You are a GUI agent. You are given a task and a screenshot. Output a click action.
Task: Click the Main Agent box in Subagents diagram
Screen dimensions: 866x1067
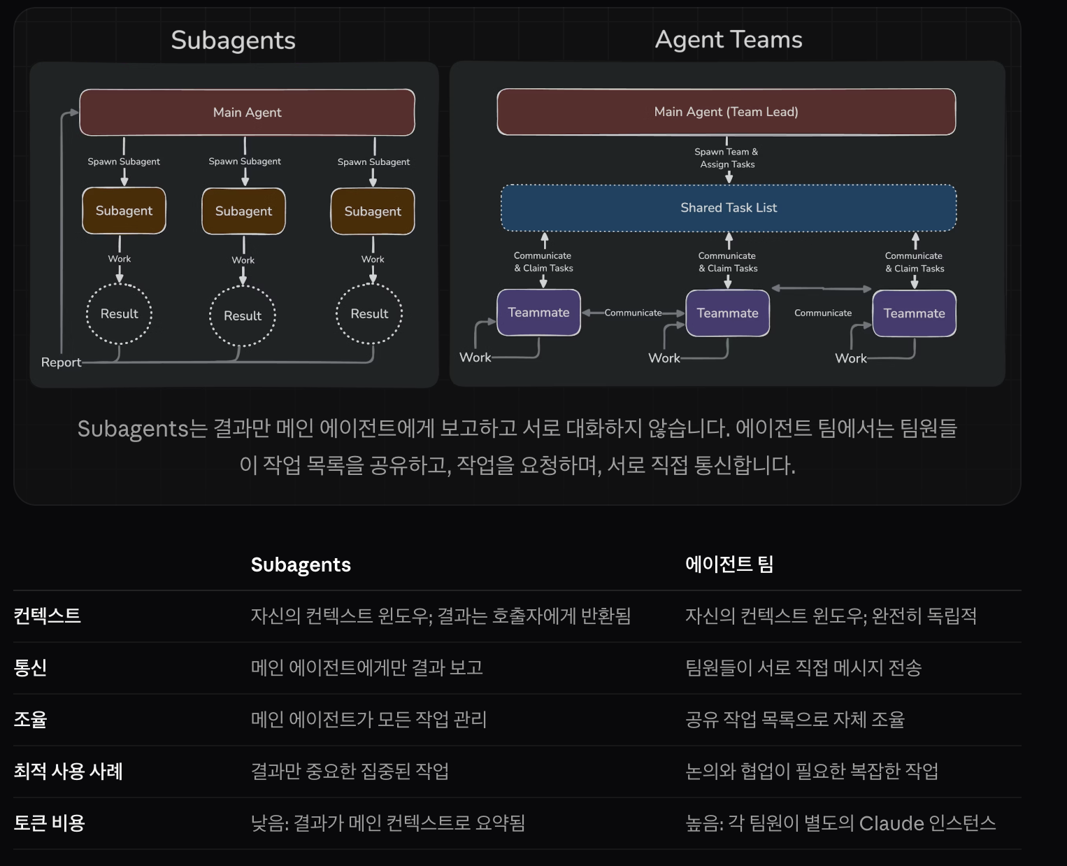pos(247,112)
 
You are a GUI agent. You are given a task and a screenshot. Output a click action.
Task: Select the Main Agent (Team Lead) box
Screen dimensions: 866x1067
pos(726,112)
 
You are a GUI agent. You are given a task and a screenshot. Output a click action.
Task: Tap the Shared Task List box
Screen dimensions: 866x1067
pos(729,208)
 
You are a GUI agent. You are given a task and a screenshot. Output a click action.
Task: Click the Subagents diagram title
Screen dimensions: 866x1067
pos(233,40)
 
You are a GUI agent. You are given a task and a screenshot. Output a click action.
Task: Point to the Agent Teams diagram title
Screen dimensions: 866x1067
pos(729,40)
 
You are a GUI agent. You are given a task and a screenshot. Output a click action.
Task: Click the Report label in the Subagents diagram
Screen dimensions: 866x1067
pos(61,362)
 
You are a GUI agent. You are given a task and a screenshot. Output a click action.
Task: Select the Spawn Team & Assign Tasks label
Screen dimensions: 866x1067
pos(727,158)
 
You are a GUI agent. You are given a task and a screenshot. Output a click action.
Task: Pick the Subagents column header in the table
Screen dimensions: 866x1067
pos(301,565)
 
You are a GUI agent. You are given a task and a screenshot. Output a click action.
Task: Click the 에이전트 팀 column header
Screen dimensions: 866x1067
pos(729,564)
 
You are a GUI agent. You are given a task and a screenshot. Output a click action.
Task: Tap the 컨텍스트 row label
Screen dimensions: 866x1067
pos(48,616)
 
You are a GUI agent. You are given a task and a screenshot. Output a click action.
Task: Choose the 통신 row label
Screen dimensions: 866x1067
pos(31,667)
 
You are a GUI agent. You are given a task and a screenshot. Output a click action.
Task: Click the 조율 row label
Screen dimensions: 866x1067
pos(31,719)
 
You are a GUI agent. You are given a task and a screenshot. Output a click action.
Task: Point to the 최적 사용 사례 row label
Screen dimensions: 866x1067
pos(69,771)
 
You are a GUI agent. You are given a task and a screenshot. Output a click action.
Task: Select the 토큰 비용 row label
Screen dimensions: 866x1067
pos(50,823)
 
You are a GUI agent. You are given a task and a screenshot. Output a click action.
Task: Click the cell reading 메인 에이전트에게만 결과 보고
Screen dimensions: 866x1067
pos(367,667)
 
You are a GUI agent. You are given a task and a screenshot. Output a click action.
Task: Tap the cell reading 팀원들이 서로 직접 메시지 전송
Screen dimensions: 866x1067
pos(803,667)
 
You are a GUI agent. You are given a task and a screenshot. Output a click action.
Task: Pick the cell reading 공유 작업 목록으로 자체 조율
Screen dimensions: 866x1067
pos(795,719)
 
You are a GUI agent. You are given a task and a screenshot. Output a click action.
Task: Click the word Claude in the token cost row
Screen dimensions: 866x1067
pos(891,823)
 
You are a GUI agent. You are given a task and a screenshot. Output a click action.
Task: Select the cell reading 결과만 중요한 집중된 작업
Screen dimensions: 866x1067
pos(350,771)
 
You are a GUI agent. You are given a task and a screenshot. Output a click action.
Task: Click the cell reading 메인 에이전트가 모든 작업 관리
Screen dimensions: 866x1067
pos(368,719)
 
